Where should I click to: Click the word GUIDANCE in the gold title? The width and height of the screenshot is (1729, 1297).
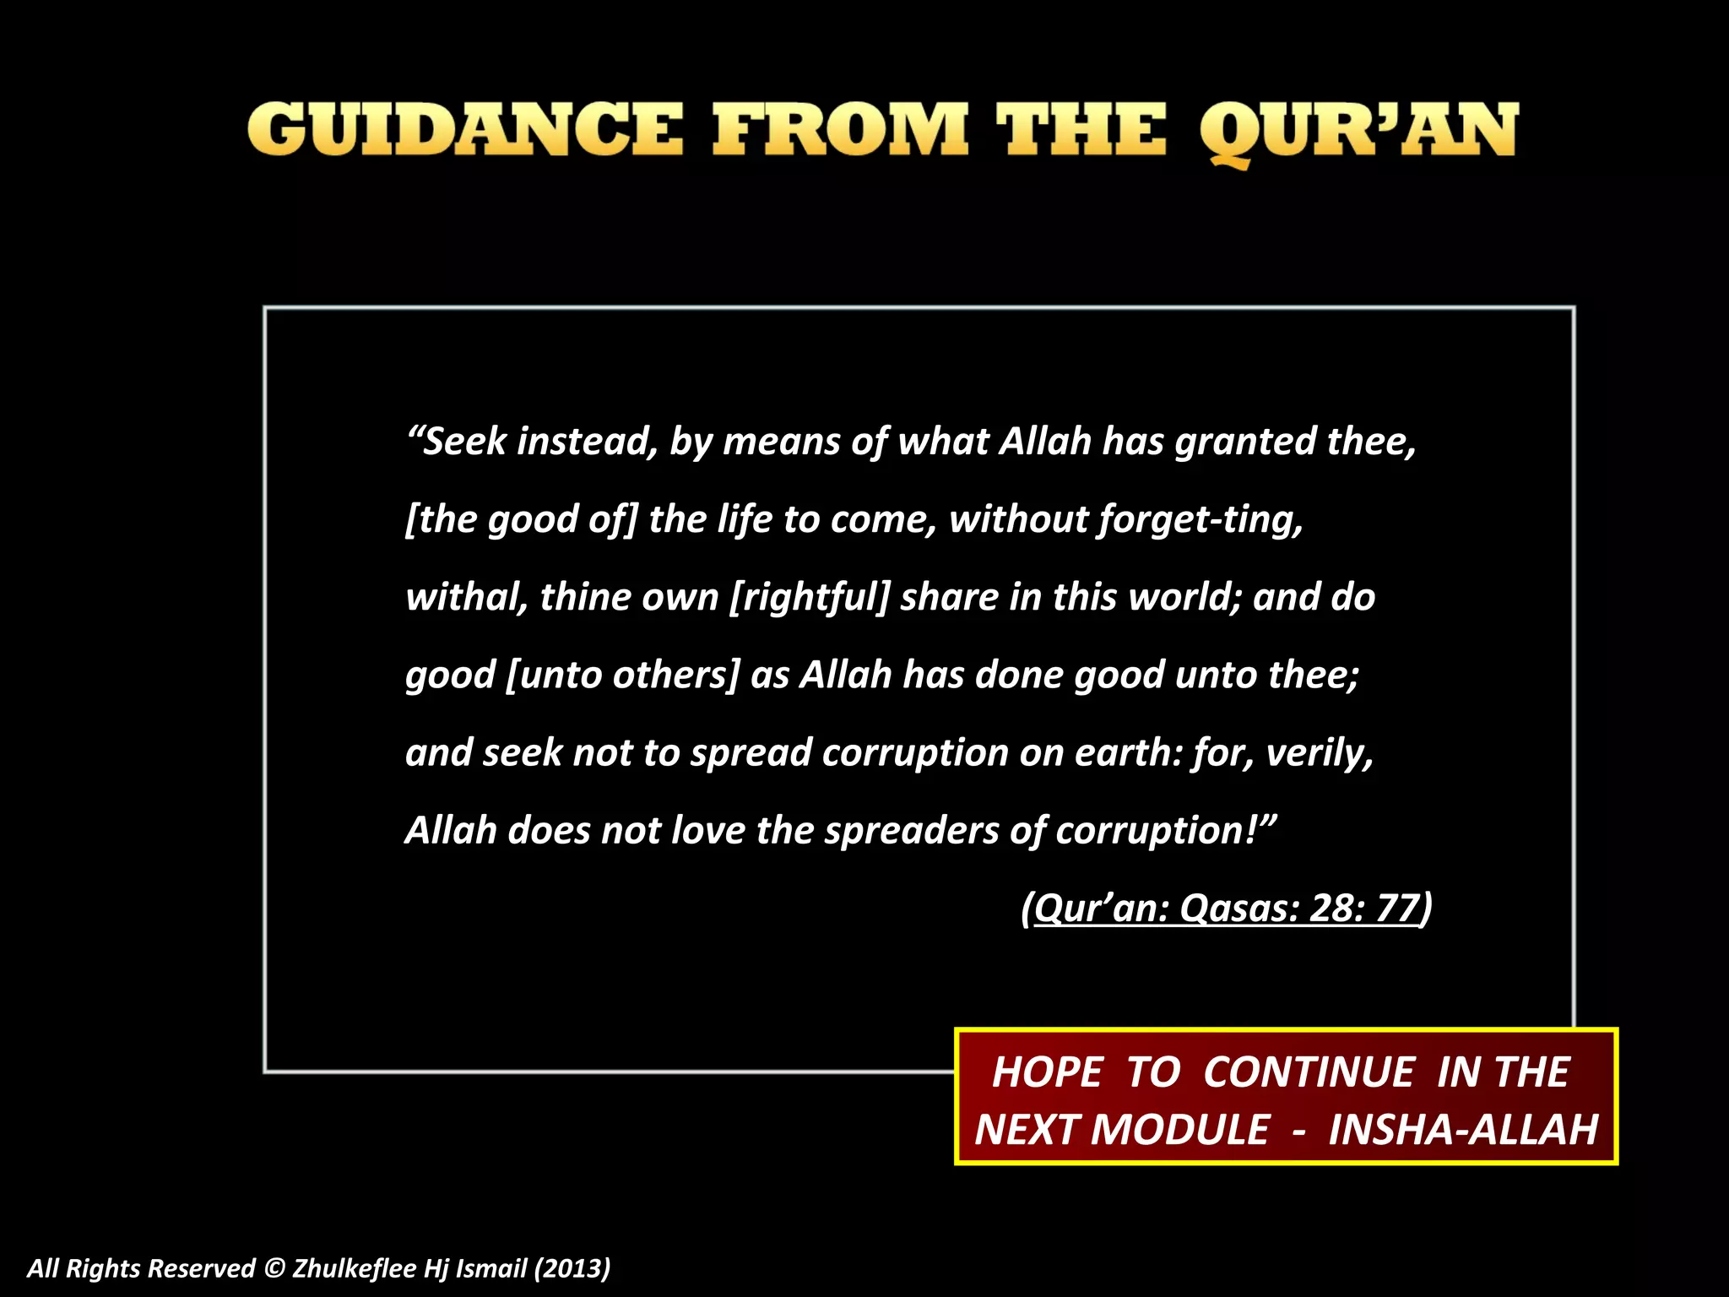pos(465,130)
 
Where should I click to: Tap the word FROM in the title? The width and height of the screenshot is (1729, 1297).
pos(840,130)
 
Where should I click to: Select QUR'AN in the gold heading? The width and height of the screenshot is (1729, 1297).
pos(1358,132)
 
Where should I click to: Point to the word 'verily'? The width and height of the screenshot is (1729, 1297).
pos(1320,752)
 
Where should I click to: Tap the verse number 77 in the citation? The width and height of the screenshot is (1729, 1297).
pos(1397,909)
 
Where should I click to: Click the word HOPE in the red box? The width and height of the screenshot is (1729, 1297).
pos(1048,1072)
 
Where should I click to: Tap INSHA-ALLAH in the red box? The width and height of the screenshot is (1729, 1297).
pos(1463,1130)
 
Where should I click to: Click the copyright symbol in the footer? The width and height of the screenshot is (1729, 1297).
pos(274,1268)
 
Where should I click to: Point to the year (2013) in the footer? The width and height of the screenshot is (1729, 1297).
pos(572,1268)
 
